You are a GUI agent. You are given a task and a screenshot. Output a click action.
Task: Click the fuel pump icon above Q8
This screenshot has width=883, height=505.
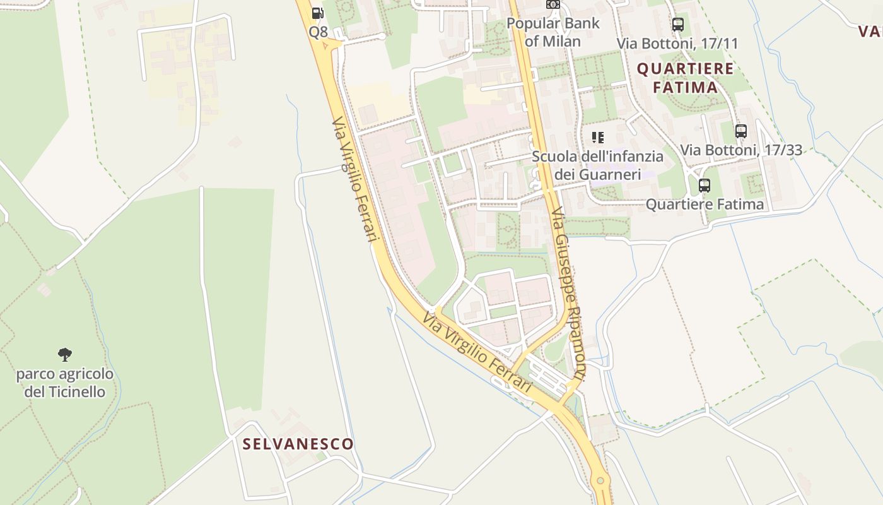click(318, 13)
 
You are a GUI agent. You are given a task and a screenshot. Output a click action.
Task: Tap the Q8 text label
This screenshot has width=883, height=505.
click(318, 32)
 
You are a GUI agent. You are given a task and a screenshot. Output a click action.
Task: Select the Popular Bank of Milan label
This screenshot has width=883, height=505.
click(553, 32)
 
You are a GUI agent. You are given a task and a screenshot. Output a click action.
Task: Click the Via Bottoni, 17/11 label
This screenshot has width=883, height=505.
click(677, 44)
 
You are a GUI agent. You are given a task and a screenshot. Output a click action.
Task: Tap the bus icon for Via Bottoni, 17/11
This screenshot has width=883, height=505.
click(678, 25)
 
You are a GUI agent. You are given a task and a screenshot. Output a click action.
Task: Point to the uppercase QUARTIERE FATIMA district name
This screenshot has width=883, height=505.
click(686, 78)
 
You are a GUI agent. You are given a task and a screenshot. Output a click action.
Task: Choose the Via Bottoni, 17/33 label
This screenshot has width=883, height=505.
click(741, 150)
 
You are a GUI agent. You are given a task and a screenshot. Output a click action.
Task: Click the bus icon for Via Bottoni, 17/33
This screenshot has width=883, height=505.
click(741, 131)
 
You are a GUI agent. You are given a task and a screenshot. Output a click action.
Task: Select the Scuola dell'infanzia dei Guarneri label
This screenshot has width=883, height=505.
click(597, 165)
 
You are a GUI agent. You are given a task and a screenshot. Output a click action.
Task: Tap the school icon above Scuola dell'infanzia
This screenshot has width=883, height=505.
click(597, 137)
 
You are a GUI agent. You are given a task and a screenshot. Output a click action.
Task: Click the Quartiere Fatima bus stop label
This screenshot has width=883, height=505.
click(705, 204)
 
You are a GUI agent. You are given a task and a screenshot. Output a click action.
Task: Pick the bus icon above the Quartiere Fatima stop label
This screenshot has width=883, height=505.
click(705, 186)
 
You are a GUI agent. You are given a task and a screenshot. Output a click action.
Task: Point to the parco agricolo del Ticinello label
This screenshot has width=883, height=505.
click(65, 383)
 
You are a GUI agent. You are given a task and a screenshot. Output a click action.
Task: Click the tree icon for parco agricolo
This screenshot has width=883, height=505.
click(65, 355)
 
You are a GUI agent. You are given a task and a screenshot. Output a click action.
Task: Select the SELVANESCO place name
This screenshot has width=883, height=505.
click(298, 444)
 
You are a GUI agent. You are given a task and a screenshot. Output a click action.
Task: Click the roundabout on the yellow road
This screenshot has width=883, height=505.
click(600, 481)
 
